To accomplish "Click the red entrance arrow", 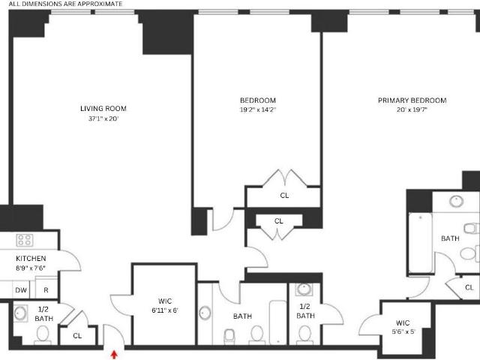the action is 114,355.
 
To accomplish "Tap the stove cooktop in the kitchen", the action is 25,240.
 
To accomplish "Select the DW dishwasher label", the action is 21,290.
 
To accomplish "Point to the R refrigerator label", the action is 46,290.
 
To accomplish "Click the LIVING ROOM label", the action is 103,108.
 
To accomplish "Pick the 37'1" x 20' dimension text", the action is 103,118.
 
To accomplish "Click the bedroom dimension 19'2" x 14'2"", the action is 258,109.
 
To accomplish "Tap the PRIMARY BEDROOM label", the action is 412,100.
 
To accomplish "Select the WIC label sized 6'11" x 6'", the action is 165,301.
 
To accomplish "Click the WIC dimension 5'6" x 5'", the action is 403,331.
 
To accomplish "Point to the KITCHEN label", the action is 31,258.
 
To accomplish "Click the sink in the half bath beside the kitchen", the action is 20,313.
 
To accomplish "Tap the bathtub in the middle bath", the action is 278,322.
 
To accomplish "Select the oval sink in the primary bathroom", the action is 457,201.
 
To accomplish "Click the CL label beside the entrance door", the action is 77,336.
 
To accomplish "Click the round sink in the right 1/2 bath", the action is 304,289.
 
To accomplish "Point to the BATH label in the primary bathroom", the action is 450,238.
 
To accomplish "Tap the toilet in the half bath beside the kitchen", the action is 43,334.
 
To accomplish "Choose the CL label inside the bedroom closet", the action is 284,195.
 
